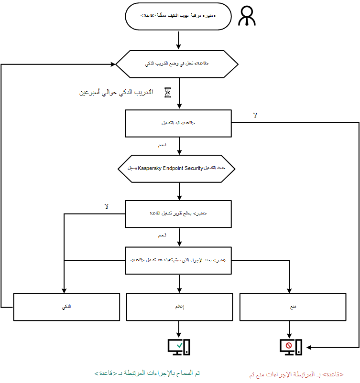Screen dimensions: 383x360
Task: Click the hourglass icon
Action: (x=167, y=92)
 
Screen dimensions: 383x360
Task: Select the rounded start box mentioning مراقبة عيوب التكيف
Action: (x=178, y=17)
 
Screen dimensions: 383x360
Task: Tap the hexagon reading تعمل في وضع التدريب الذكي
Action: (x=178, y=64)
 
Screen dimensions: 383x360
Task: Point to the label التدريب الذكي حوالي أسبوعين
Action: (x=116, y=92)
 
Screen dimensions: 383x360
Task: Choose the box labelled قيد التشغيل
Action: (x=178, y=124)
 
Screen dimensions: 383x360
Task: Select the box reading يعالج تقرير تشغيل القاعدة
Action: (x=178, y=213)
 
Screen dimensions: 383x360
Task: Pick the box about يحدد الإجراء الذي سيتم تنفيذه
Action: (x=178, y=260)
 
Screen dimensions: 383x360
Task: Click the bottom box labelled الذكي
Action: (x=66, y=307)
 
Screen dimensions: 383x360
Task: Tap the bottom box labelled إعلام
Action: (x=178, y=307)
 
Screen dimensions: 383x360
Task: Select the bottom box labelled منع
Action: (x=293, y=307)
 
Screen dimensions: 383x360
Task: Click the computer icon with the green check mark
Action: (x=178, y=346)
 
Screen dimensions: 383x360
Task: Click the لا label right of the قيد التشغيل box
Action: (x=255, y=115)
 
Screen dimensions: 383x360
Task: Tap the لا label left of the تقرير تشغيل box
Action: (x=107, y=207)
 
